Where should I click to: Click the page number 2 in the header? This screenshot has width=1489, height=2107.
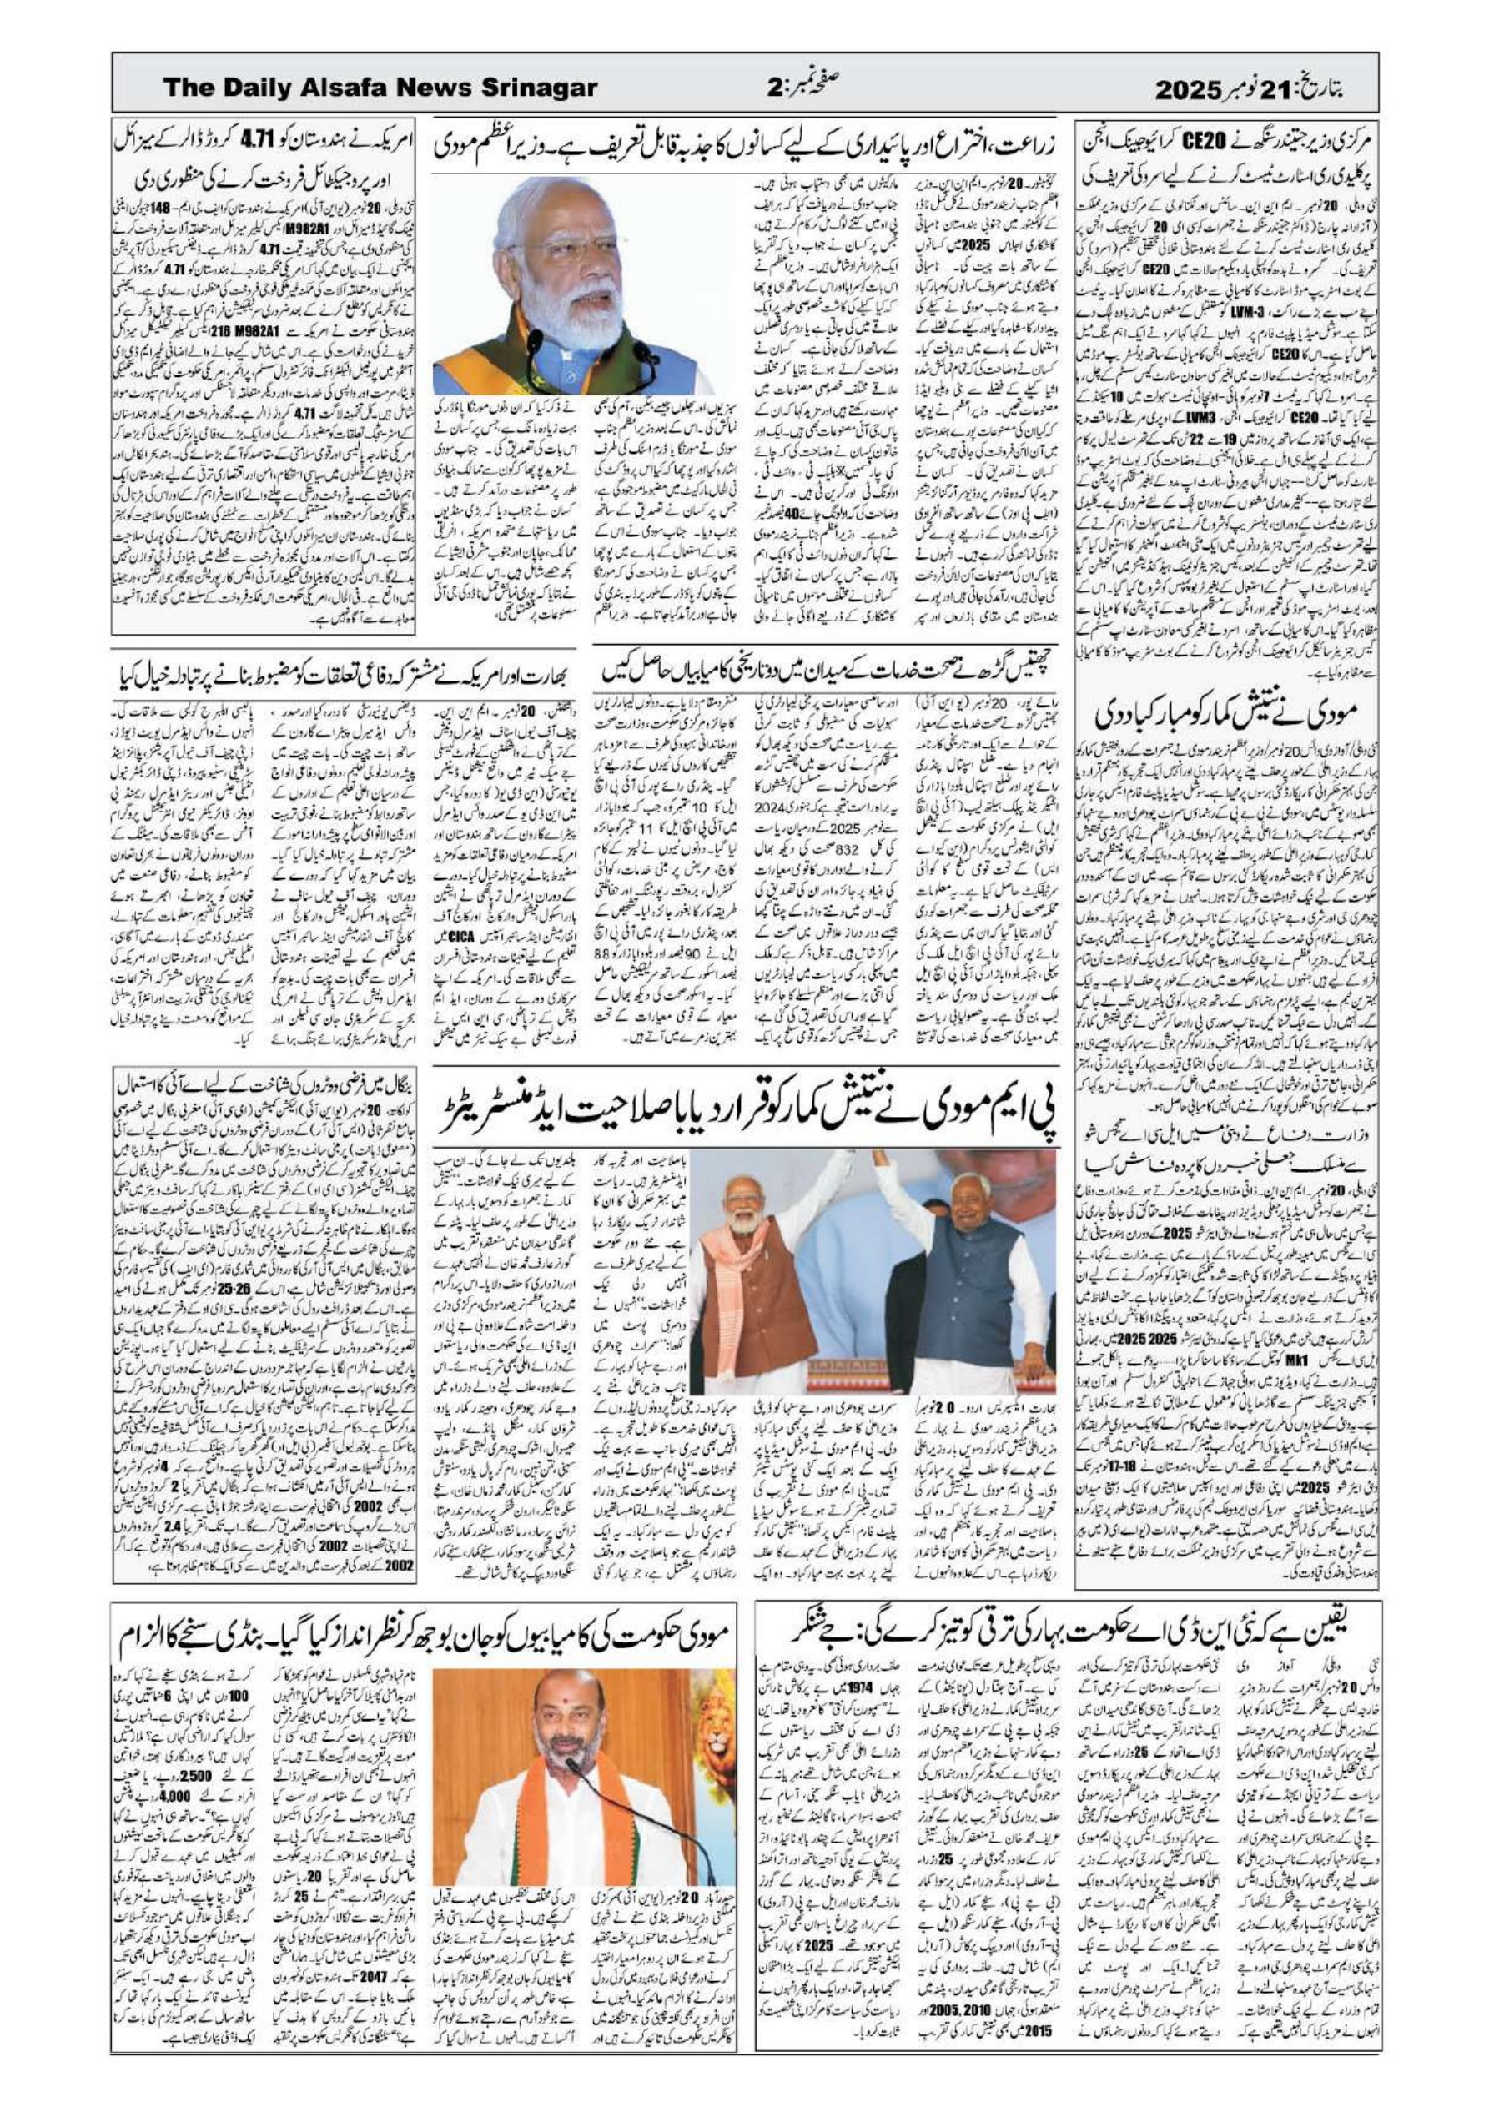click(x=774, y=89)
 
